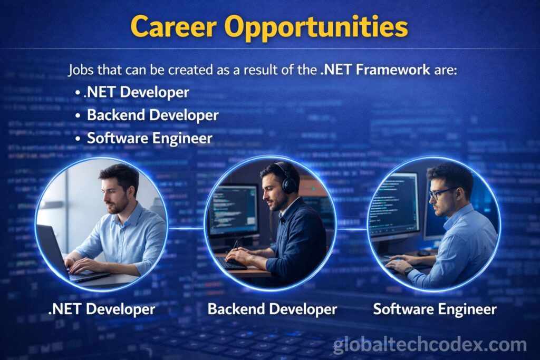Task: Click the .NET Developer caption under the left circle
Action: (102, 309)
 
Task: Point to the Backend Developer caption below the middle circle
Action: (272, 309)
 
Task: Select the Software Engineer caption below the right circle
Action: (435, 309)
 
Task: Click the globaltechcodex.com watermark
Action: (430, 345)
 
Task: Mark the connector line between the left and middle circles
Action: (186, 228)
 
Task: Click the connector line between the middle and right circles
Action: (351, 229)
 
